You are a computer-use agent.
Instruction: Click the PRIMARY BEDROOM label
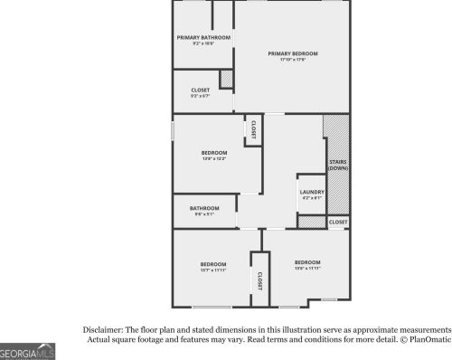[x=292, y=53]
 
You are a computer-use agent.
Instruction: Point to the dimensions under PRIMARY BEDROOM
[x=292, y=61]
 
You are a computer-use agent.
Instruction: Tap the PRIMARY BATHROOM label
[x=202, y=37]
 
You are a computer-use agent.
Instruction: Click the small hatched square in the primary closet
[x=227, y=80]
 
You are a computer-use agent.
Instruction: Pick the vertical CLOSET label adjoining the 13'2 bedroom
[x=253, y=129]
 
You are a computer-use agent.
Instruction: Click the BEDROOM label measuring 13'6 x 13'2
[x=214, y=153]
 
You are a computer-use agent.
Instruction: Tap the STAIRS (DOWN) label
[x=337, y=166]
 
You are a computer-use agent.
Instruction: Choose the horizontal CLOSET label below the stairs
[x=337, y=222]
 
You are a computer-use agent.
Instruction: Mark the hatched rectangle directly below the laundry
[x=310, y=222]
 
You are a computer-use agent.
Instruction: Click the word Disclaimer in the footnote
[x=108, y=329]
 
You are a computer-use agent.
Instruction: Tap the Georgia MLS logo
[x=27, y=352]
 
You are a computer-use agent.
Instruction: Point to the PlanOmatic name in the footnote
[x=431, y=340]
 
